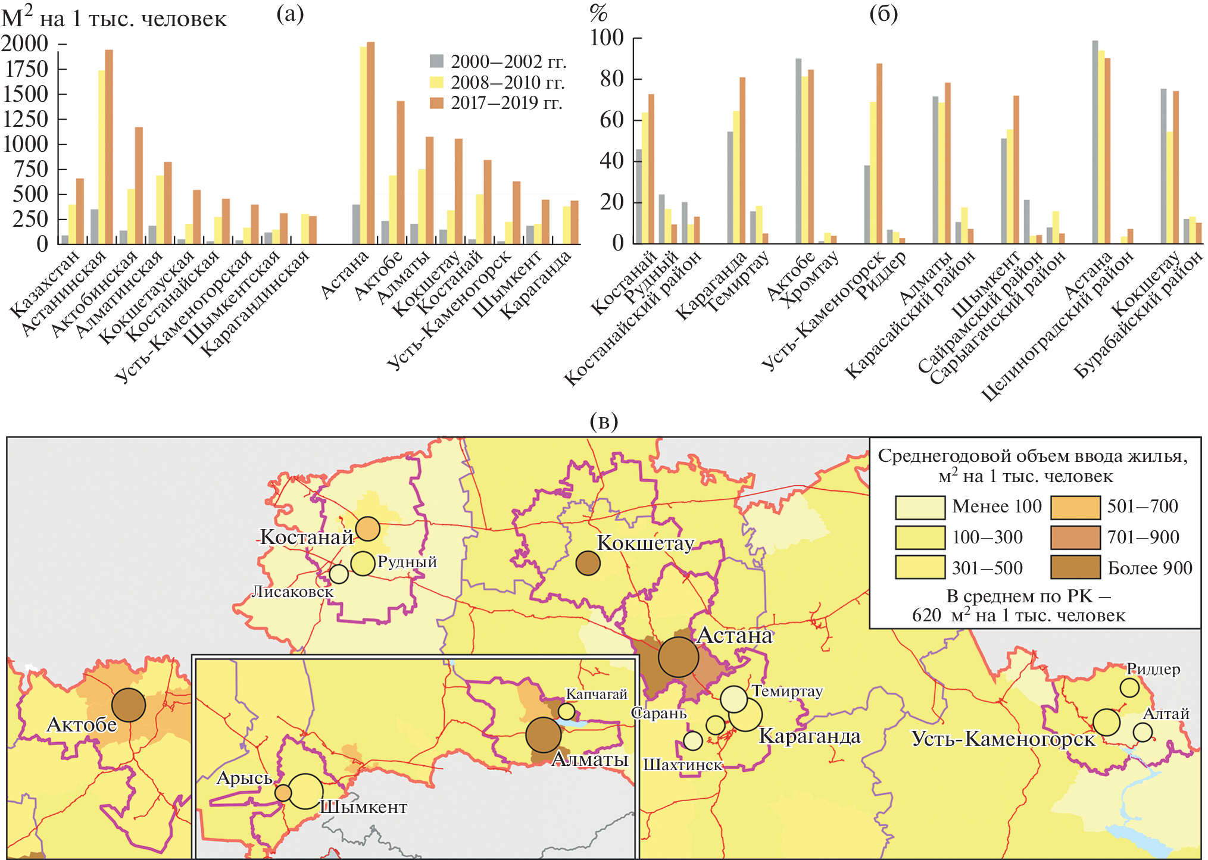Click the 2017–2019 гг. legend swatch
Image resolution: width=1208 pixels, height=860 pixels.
[x=436, y=102]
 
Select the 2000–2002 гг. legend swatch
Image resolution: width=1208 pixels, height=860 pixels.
[x=436, y=61]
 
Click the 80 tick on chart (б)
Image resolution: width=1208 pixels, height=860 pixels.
[x=612, y=79]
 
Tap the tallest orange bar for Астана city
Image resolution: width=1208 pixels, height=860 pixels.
[x=370, y=143]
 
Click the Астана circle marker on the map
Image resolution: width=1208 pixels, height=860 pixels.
[x=678, y=657]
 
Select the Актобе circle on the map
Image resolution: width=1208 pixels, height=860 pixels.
[x=129, y=705]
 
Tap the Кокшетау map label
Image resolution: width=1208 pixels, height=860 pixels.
[x=645, y=543]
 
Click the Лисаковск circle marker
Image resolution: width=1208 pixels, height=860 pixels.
[x=339, y=574]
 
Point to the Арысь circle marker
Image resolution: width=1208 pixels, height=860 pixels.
[x=283, y=793]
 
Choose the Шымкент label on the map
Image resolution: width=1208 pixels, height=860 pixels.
[x=364, y=807]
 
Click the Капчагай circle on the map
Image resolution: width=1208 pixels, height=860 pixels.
[x=567, y=711]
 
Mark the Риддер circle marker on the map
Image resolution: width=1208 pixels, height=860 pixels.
[x=1129, y=688]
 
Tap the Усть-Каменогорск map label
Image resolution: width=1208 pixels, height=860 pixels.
[x=1003, y=739]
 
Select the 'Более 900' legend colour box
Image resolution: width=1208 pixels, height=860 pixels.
[x=1075, y=567]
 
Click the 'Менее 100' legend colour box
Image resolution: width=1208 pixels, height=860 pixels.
[x=920, y=507]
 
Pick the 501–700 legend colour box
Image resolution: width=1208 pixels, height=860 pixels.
[x=1075, y=507]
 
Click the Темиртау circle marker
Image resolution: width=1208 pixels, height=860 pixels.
[x=733, y=699]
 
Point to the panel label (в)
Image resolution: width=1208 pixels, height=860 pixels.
[x=604, y=421]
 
